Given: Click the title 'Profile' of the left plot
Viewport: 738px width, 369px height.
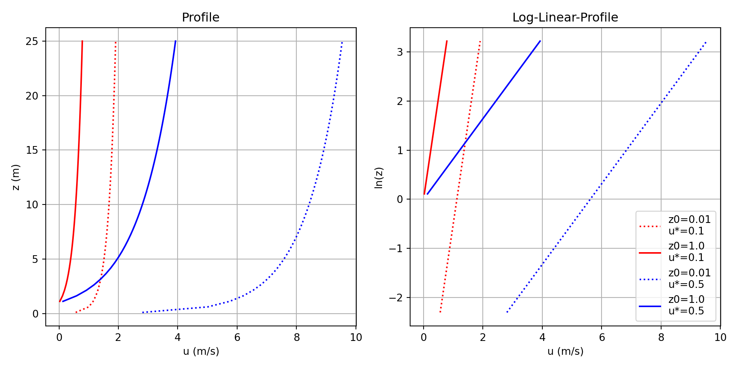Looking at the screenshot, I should pyautogui.click(x=200, y=18).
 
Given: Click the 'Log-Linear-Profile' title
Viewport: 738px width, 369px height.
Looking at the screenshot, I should pyautogui.click(x=565, y=18).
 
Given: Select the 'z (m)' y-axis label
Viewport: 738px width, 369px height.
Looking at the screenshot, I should pyautogui.click(x=16, y=177).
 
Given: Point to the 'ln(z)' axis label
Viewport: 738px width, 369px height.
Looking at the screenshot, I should pyautogui.click(x=379, y=178).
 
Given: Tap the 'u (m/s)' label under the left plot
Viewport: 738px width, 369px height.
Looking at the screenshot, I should pyautogui.click(x=201, y=351).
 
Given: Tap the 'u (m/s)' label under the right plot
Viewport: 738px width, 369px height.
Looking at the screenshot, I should pyautogui.click(x=565, y=351).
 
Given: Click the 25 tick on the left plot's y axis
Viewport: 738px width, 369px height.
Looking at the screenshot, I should pyautogui.click(x=32, y=42).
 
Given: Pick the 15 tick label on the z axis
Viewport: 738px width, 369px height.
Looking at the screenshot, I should pyautogui.click(x=32, y=150).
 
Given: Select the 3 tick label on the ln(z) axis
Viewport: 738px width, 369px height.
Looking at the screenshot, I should pyautogui.click(x=400, y=52).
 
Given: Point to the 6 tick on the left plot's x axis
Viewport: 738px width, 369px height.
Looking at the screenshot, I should pyautogui.click(x=237, y=337).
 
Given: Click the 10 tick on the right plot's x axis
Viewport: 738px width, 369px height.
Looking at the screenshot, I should pyautogui.click(x=720, y=337).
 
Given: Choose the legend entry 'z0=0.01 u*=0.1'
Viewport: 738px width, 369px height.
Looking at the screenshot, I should pyautogui.click(x=690, y=225).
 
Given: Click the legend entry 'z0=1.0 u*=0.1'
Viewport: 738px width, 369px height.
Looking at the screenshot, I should pyautogui.click(x=686, y=252).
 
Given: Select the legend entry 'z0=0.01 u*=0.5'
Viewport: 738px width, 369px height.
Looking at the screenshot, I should pyautogui.click(x=690, y=279).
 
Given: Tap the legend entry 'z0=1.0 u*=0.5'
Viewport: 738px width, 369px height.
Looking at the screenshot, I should pyautogui.click(x=686, y=305).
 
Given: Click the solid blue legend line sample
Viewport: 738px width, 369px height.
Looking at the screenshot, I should pyautogui.click(x=650, y=306).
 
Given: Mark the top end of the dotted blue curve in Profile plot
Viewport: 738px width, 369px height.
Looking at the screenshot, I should pyautogui.click(x=342, y=42).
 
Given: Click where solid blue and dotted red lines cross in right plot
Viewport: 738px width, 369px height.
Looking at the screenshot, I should pyautogui.click(x=464, y=144).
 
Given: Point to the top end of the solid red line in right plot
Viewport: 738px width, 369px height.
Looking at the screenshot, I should pyautogui.click(x=447, y=41).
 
